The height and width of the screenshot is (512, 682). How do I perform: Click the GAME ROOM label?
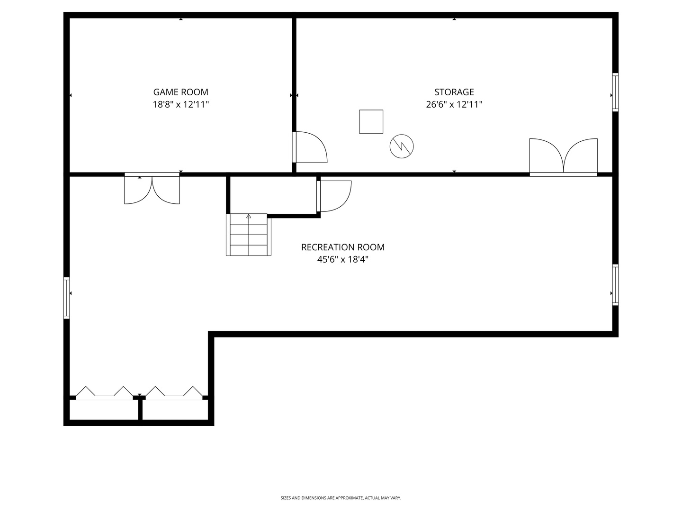[180, 92]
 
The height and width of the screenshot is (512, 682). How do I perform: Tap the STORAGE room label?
[454, 92]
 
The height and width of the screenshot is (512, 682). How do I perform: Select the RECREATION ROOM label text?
[342, 247]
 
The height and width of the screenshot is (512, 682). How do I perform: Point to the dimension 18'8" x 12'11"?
[180, 105]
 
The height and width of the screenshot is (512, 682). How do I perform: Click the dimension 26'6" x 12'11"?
[454, 105]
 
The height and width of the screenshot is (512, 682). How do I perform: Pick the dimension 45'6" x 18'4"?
[342, 259]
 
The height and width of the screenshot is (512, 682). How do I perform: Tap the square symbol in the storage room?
[371, 122]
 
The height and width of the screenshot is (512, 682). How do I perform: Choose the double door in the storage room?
[563, 156]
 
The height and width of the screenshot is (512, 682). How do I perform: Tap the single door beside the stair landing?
[334, 196]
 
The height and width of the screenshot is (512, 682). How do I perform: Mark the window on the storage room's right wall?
[615, 92]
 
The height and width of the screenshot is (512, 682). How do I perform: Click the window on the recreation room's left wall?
[67, 298]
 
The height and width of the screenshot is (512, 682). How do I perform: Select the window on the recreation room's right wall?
[615, 284]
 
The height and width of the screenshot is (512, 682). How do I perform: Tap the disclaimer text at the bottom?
[341, 498]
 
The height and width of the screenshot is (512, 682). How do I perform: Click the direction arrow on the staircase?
[249, 216]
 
